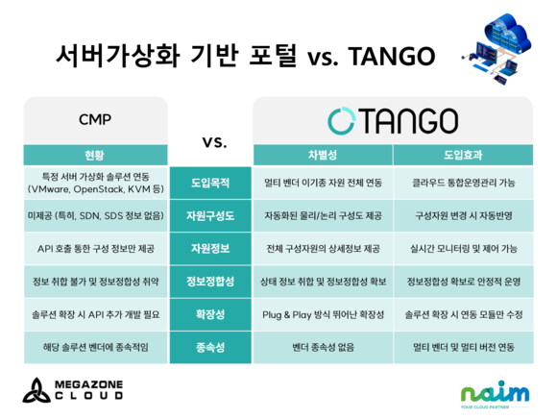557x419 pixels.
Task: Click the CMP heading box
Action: click(96, 120)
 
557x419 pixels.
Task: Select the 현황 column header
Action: click(96, 155)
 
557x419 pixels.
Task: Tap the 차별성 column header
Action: click(323, 155)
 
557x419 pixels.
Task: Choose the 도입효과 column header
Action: click(463, 155)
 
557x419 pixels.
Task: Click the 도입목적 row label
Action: click(210, 183)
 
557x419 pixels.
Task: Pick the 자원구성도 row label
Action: click(210, 215)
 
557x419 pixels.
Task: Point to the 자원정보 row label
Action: click(210, 248)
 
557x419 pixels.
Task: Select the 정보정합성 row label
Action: click(210, 282)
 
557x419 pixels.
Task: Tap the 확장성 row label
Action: click(210, 314)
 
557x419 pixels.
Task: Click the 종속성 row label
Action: click(210, 347)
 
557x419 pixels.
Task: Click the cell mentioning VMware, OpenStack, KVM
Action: click(96, 183)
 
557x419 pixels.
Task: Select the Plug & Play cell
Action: click(323, 314)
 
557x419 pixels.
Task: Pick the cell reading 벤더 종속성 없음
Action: click(323, 347)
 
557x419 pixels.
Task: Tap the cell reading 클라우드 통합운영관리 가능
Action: click(464, 183)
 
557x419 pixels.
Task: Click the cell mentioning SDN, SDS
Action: click(96, 215)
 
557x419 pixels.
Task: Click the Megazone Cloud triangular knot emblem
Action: click(36, 391)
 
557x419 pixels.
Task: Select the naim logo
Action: click(495, 394)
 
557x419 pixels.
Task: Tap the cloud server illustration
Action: click(497, 47)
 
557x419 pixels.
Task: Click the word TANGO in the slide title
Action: click(392, 56)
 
